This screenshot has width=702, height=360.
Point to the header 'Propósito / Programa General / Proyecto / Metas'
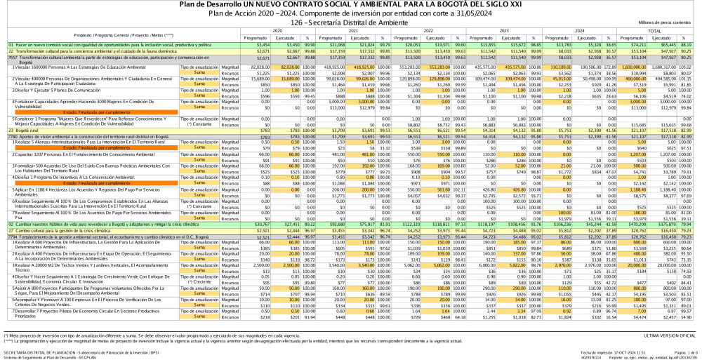124,34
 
